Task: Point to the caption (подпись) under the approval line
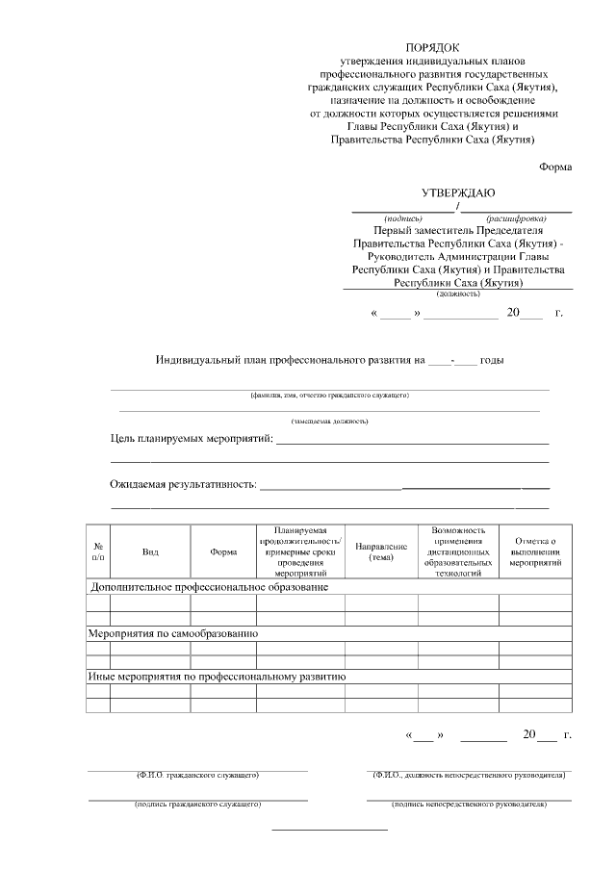click(403, 218)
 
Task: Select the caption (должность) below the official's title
click(458, 294)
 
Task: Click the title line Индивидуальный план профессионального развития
click(289, 361)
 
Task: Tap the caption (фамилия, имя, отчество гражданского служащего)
click(329, 396)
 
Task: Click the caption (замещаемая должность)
click(329, 422)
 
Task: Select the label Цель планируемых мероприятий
click(191, 439)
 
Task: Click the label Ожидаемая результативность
click(183, 484)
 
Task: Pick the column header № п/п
click(98, 551)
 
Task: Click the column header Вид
click(150, 551)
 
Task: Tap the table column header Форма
click(223, 551)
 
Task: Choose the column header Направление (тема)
click(381, 551)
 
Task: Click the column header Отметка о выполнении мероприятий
click(535, 551)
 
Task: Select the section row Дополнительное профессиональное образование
click(209, 586)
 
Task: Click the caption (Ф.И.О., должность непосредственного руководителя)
click(468, 775)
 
